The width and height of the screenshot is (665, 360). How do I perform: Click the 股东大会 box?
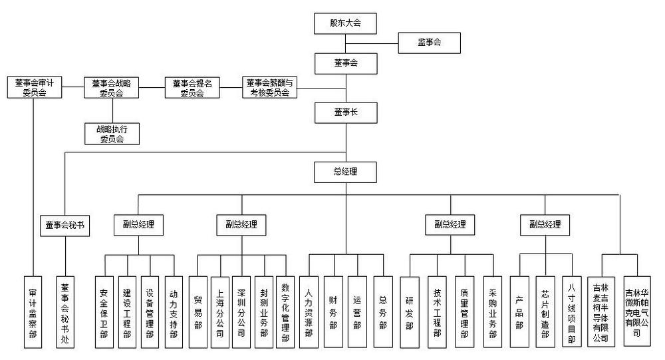tap(346, 23)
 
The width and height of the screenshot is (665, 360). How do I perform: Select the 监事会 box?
tap(430, 43)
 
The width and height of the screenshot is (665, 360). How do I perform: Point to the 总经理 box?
tap(346, 172)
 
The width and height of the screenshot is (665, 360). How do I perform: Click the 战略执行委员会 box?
tap(111, 134)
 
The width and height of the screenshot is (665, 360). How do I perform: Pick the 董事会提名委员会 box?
tap(192, 88)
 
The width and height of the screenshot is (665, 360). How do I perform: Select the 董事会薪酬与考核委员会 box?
tap(270, 88)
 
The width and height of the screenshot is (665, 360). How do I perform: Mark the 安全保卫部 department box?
tap(104, 312)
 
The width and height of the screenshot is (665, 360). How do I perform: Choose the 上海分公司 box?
tap(220, 312)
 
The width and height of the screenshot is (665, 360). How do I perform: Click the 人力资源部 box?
tap(309, 312)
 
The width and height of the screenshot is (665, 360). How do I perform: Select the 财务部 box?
tap(333, 312)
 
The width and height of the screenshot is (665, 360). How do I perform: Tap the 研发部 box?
tap(409, 312)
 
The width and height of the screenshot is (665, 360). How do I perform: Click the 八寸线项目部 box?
tap(571, 312)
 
